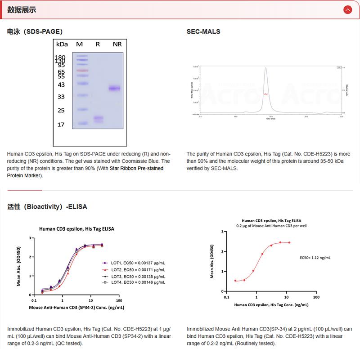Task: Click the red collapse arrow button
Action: pos(347,9)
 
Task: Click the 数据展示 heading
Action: pos(22,10)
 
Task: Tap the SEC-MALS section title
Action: pos(203,31)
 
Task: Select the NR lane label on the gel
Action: pos(117,44)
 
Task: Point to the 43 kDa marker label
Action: pos(61,85)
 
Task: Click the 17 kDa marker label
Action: pos(61,125)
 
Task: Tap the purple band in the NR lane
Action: pos(115,88)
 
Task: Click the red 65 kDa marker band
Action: pos(81,71)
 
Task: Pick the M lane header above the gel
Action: pos(80,44)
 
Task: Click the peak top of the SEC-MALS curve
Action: pos(266,68)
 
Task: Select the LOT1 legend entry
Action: pos(134,262)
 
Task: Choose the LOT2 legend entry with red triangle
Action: pos(134,269)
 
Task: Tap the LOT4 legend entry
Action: pos(134,282)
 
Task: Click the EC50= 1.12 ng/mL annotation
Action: pos(315,258)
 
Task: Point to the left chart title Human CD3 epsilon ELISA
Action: pos(76,229)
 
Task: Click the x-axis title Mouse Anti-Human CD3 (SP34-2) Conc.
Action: pos(76,308)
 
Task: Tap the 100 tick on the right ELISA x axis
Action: pos(316,297)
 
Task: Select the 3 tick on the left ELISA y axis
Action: pos(30,238)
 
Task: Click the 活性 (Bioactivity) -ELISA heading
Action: pos(47,207)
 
